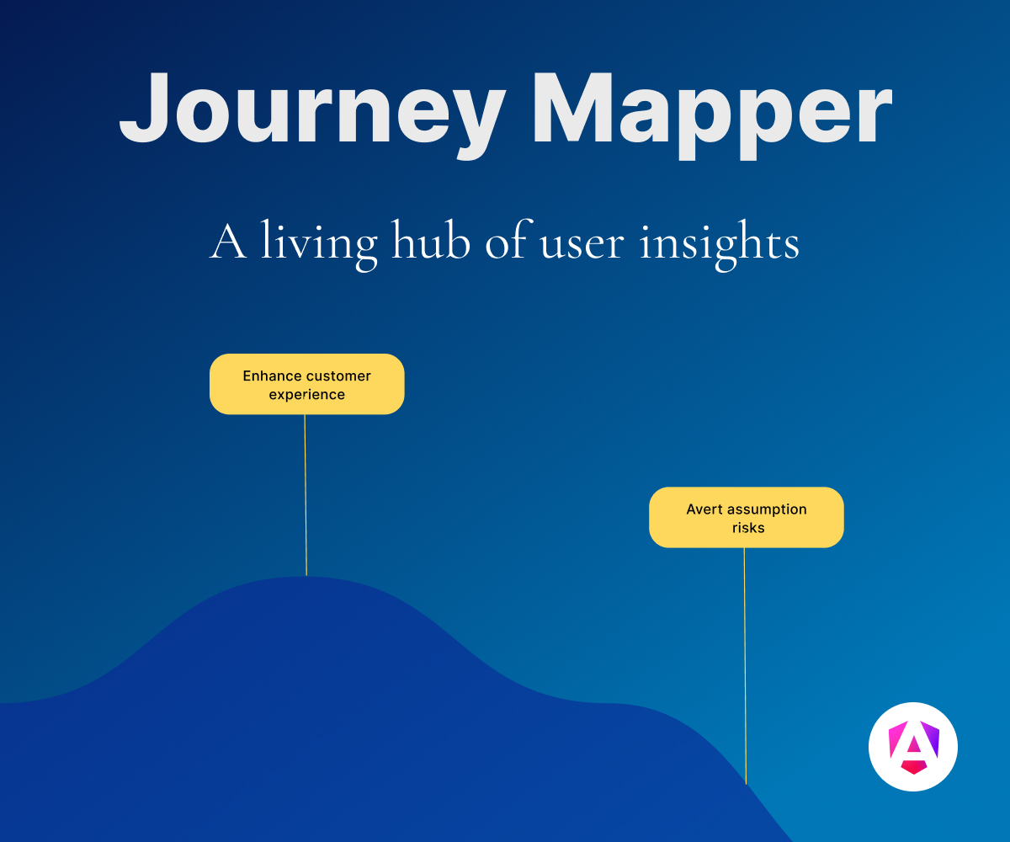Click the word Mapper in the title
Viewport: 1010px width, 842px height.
(x=712, y=115)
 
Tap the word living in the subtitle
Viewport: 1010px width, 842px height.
(x=319, y=245)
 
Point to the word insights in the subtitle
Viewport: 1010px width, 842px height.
(x=720, y=245)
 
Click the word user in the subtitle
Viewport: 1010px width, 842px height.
(x=582, y=247)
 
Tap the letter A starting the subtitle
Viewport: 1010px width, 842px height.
(x=228, y=241)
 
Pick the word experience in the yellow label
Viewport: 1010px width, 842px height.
(x=306, y=396)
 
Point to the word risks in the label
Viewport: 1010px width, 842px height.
(x=748, y=527)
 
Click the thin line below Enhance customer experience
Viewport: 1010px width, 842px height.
(x=306, y=494)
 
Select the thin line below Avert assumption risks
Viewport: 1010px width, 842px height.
(x=745, y=666)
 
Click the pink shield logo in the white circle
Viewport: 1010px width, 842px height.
(x=913, y=747)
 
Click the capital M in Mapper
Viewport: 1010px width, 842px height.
(x=573, y=108)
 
